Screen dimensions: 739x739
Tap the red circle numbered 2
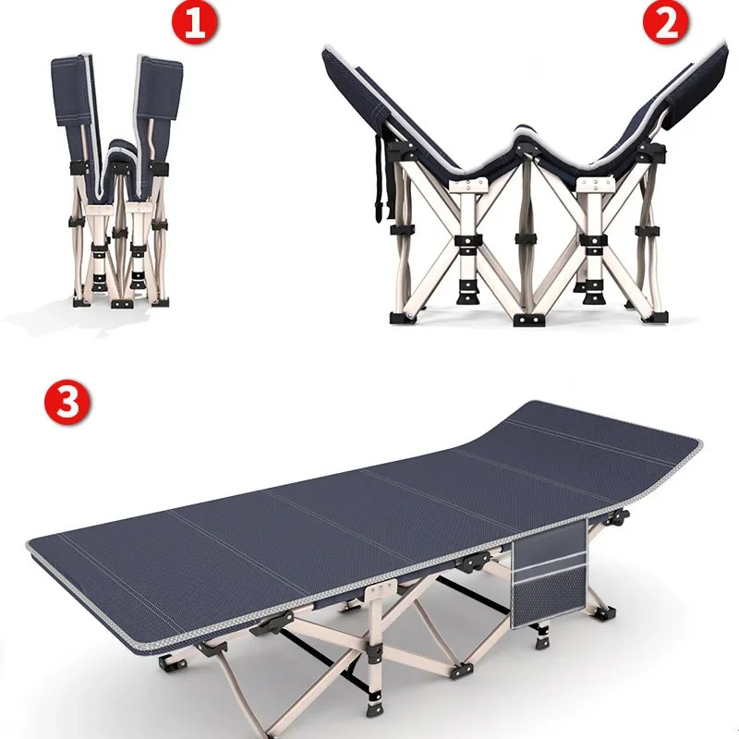(x=666, y=25)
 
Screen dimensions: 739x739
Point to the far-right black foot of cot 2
(x=654, y=316)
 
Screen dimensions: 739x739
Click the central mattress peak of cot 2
(x=527, y=139)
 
